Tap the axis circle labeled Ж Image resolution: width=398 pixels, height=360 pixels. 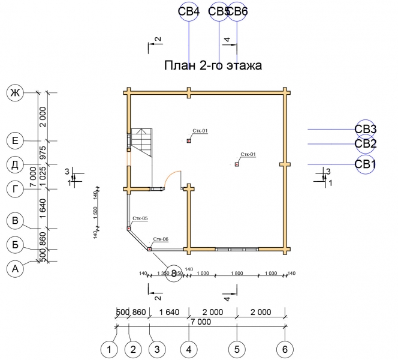click(x=14, y=93)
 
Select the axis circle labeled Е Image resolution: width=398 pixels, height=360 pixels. click(x=14, y=141)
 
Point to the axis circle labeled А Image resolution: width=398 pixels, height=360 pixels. click(x=14, y=269)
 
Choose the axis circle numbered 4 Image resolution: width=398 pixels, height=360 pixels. click(x=189, y=349)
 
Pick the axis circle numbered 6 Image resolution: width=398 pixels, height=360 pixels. click(x=285, y=349)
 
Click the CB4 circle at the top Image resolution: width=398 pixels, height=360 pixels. click(x=189, y=11)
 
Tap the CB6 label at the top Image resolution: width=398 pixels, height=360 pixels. click(x=238, y=11)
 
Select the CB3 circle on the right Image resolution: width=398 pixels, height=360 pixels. click(x=365, y=129)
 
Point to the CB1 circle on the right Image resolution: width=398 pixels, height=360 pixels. click(x=365, y=164)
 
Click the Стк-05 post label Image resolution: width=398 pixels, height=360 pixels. click(x=140, y=218)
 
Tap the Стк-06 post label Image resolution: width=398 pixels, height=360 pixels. click(x=160, y=239)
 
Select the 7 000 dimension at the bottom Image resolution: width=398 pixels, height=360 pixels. click(x=200, y=322)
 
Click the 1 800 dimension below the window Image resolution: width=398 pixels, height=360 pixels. click(x=237, y=274)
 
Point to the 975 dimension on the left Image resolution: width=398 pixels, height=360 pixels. click(x=43, y=152)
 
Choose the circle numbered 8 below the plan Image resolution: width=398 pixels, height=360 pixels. click(x=174, y=273)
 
